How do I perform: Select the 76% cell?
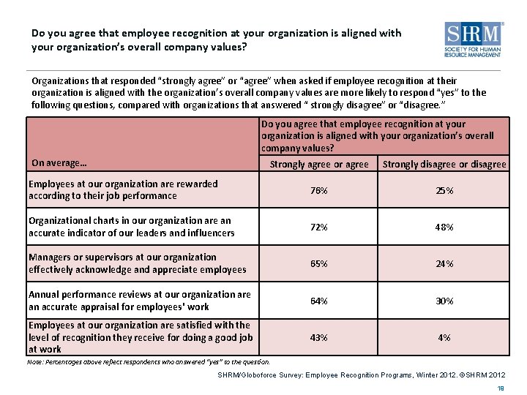pyautogui.click(x=318, y=190)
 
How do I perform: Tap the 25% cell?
pyautogui.click(x=444, y=190)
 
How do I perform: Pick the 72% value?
pyautogui.click(x=318, y=227)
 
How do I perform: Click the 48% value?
pyautogui.click(x=444, y=227)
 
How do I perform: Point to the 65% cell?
pyautogui.click(x=318, y=263)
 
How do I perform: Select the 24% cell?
pyautogui.click(x=444, y=263)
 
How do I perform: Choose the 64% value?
pyautogui.click(x=318, y=301)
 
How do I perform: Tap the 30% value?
pyautogui.click(x=444, y=301)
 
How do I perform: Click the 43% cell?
pyautogui.click(x=318, y=337)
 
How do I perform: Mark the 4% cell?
pyautogui.click(x=444, y=337)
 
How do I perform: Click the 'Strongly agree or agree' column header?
pyautogui.click(x=319, y=165)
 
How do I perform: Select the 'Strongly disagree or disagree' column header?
pyautogui.click(x=444, y=165)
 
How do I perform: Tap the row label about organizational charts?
pyautogui.click(x=131, y=227)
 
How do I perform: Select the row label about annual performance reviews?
pyautogui.click(x=139, y=301)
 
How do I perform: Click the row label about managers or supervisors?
pyautogui.click(x=137, y=263)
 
